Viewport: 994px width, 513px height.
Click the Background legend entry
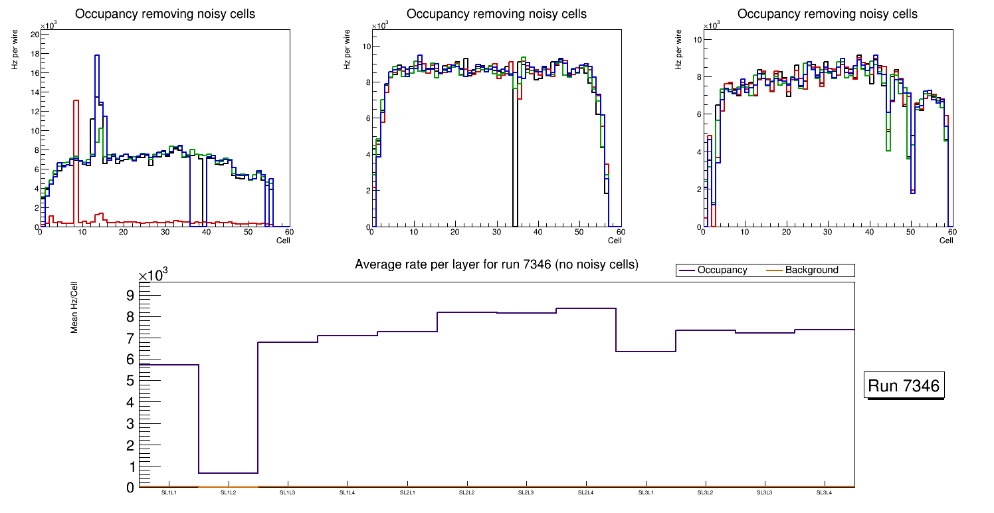click(x=811, y=270)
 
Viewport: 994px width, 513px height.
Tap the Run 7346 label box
click(x=904, y=386)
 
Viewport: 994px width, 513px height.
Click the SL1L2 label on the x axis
click(x=228, y=493)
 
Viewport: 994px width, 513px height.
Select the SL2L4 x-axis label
click(x=585, y=493)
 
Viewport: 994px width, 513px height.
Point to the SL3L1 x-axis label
click(x=645, y=493)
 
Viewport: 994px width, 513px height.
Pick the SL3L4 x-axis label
click(x=824, y=493)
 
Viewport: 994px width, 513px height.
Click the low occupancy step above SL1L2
click(x=228, y=473)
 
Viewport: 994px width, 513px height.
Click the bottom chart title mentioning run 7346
click(x=496, y=264)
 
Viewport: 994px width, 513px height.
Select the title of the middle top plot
click(x=496, y=14)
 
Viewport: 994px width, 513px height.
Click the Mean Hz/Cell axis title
click(x=75, y=306)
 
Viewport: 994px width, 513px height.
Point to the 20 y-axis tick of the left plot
click(x=34, y=34)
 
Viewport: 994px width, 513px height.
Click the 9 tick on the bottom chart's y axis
click(x=130, y=295)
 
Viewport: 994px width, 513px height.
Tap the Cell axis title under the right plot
click(x=946, y=241)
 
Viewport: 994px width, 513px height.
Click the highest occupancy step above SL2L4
click(x=585, y=308)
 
